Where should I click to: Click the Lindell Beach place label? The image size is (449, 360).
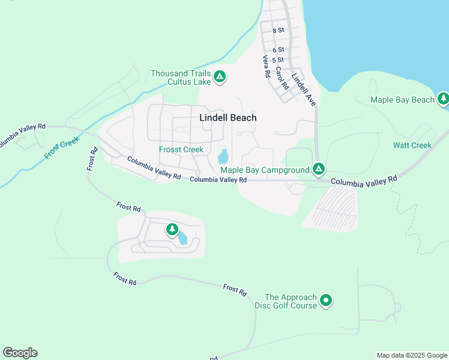[228, 118]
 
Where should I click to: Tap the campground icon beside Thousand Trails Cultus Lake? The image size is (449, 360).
[220, 76]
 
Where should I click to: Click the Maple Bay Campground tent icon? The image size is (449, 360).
[319, 169]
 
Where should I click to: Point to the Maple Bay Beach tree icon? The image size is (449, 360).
[443, 98]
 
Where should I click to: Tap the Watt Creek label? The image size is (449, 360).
[412, 145]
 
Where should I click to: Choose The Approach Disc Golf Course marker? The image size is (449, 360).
[326, 299]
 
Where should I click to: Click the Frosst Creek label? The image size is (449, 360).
[181, 149]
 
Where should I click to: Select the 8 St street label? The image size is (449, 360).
[277, 30]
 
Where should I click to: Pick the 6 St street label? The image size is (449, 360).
[277, 50]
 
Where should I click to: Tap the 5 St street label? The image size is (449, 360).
[277, 60]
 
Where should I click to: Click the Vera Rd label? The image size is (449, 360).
[267, 67]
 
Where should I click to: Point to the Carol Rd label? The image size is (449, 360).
[282, 78]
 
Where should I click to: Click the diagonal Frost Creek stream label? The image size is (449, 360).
[62, 147]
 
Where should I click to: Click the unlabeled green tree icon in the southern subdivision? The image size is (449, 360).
[172, 229]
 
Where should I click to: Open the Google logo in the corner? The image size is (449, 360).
[20, 353]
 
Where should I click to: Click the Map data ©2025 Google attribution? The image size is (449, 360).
[411, 355]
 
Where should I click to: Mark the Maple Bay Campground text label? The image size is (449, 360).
[269, 170]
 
